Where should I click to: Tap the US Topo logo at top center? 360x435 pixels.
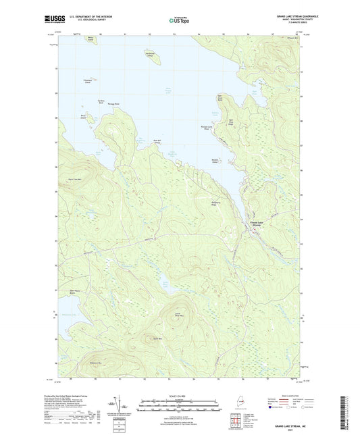pyautogui.click(x=177, y=20)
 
